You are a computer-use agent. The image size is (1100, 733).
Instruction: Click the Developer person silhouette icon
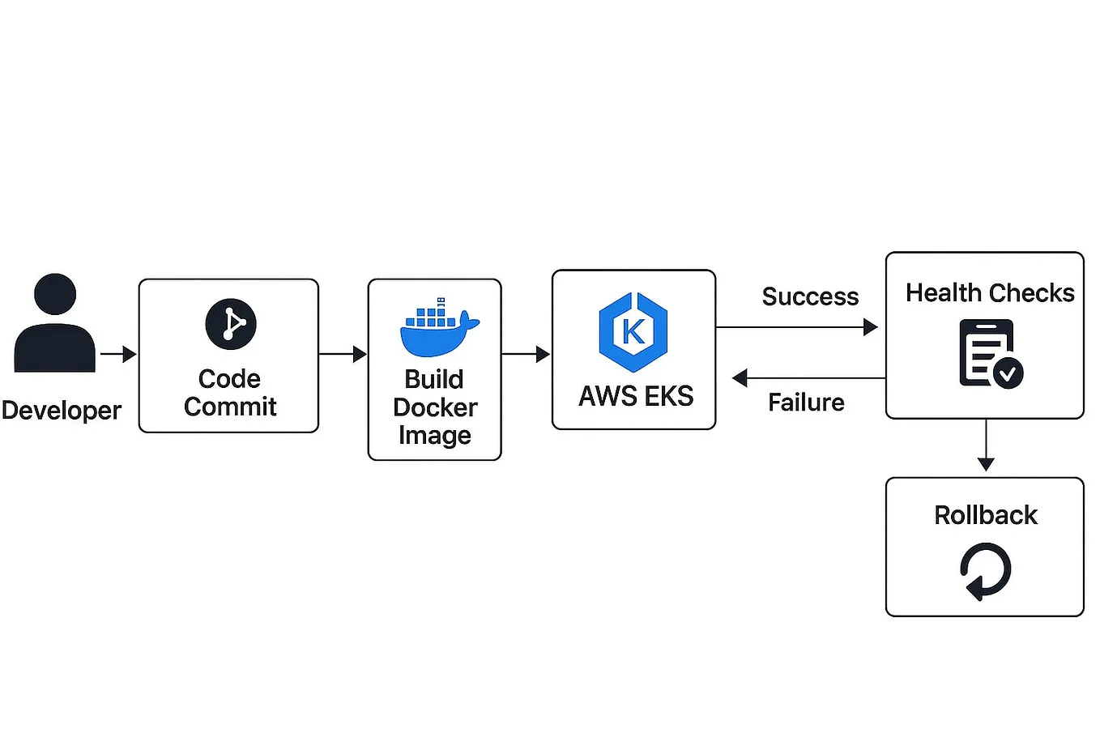(x=55, y=324)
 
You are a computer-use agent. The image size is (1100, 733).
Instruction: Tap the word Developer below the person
(x=62, y=411)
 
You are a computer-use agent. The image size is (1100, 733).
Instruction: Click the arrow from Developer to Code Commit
(x=118, y=354)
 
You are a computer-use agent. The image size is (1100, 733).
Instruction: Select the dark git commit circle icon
(x=231, y=324)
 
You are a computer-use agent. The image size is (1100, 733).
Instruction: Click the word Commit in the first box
(x=230, y=407)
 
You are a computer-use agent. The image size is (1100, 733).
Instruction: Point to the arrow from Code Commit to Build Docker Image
(x=343, y=354)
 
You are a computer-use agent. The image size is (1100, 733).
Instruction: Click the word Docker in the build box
(x=435, y=407)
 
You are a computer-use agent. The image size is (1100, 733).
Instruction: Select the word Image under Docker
(x=434, y=436)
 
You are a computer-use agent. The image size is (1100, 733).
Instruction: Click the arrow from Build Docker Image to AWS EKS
(x=526, y=354)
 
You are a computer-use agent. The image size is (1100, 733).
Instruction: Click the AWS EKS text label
(x=636, y=396)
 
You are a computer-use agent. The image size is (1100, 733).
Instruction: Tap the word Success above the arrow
(x=810, y=297)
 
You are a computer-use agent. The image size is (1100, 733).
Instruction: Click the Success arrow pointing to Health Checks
(x=797, y=327)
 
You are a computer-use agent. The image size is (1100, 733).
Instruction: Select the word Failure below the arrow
(x=806, y=403)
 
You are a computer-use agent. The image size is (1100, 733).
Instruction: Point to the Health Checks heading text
(x=990, y=293)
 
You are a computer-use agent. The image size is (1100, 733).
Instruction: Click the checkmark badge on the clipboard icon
(x=1008, y=373)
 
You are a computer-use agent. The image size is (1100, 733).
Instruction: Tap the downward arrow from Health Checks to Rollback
(x=986, y=446)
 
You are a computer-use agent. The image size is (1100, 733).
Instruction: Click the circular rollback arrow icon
(x=986, y=570)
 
